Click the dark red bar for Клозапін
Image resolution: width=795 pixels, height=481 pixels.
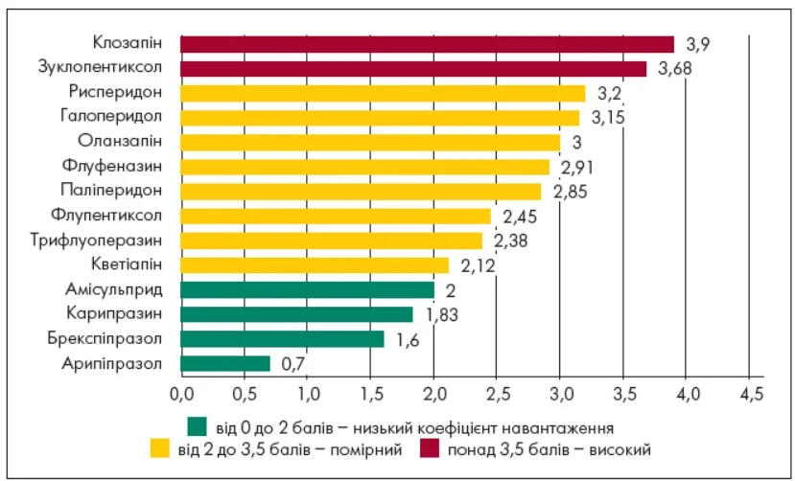(427, 44)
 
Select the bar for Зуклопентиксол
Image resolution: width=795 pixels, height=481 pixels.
(413, 69)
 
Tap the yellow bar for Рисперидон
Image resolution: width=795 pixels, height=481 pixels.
(383, 93)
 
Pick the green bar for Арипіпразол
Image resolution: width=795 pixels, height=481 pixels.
(225, 363)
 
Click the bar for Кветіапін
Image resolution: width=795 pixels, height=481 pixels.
(315, 264)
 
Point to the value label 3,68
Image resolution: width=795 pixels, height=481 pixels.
(675, 69)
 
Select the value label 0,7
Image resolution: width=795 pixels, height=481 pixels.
(293, 364)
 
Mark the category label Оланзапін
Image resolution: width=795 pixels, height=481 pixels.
(124, 141)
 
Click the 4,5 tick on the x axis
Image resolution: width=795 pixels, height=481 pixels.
(750, 393)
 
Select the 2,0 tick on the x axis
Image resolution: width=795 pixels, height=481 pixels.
(433, 393)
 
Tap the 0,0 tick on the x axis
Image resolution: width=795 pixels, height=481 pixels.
(181, 393)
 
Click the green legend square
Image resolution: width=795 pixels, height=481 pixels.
(198, 425)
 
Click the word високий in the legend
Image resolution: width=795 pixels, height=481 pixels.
(624, 447)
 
